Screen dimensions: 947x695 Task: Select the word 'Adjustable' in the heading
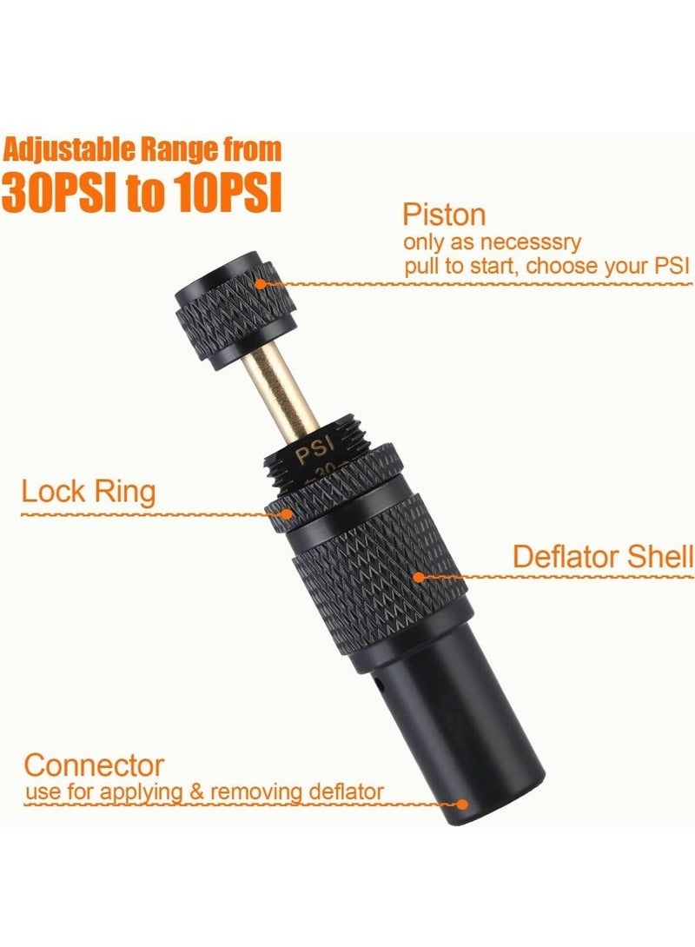point(60,150)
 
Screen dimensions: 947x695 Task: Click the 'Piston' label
point(444,215)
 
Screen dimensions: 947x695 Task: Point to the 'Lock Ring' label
point(88,493)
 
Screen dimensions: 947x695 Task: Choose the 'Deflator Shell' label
point(602,556)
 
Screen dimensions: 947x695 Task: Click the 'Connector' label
point(94,765)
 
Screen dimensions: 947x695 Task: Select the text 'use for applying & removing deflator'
point(204,791)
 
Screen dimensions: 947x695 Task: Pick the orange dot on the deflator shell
point(419,576)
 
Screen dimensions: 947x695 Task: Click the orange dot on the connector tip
point(462,805)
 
